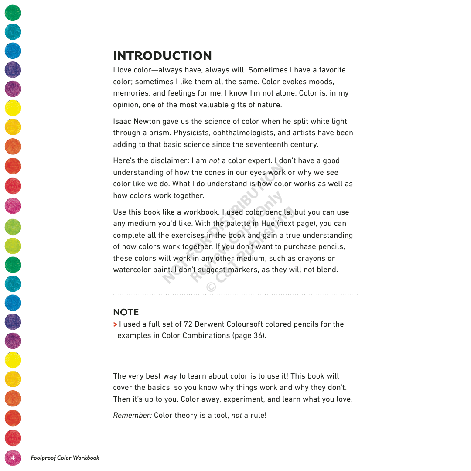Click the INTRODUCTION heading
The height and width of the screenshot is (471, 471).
(162, 56)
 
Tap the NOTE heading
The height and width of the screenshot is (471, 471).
(126, 312)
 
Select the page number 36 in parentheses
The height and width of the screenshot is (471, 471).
(258, 336)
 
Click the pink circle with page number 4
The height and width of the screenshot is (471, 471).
(13, 457)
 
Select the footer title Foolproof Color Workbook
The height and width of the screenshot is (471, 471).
(65, 457)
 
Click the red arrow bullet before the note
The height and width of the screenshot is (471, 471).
(115, 324)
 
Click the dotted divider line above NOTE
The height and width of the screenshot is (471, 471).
(235, 294)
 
